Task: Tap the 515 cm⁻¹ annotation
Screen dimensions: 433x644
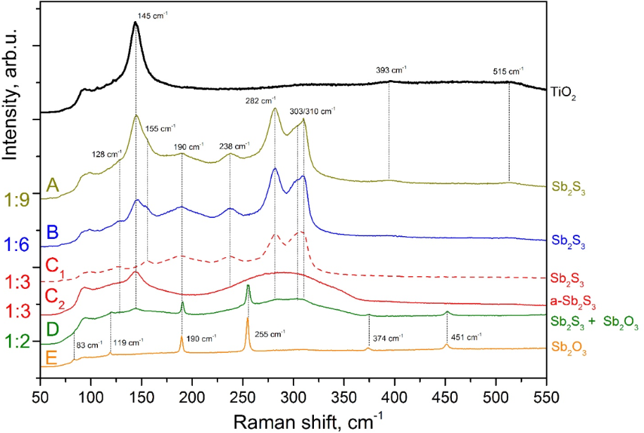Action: (x=507, y=71)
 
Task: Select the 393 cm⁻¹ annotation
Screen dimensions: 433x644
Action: (x=391, y=70)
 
